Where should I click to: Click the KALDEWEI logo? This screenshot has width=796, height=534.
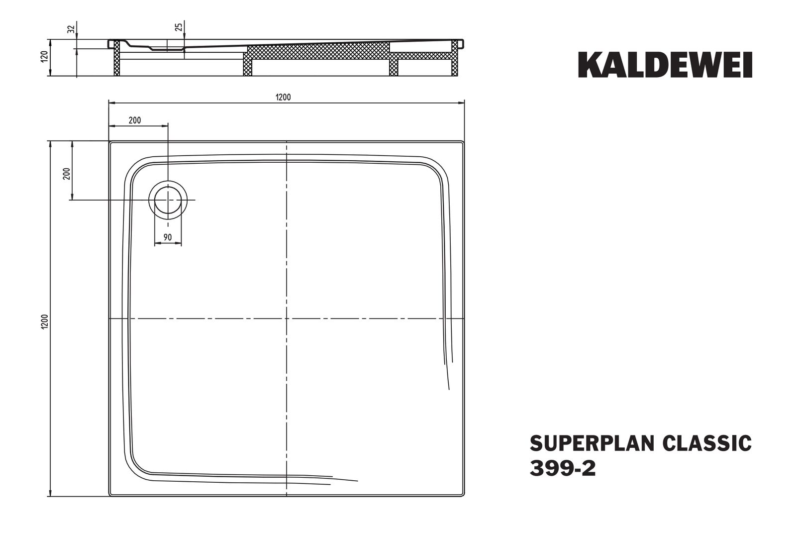click(x=665, y=65)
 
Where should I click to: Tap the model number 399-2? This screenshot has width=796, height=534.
click(x=563, y=469)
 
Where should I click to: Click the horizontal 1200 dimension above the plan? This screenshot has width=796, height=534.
click(x=283, y=97)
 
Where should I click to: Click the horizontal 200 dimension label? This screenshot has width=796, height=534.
click(x=134, y=120)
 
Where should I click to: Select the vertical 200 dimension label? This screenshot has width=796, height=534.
click(x=67, y=173)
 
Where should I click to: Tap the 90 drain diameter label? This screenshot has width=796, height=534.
click(x=168, y=237)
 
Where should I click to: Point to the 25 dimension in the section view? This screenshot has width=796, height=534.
click(x=179, y=27)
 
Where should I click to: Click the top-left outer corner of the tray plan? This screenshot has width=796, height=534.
click(x=109, y=142)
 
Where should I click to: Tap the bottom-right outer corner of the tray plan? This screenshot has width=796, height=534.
click(x=464, y=496)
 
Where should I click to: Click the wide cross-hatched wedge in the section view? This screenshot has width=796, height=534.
click(x=318, y=52)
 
